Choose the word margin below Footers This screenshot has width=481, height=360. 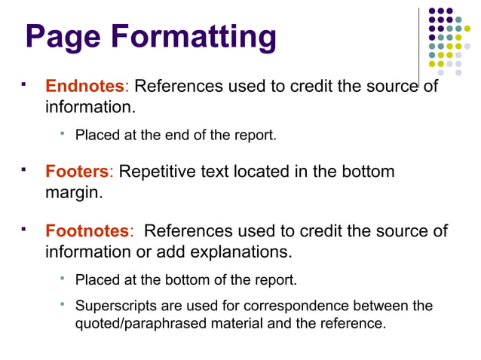pos(71,192)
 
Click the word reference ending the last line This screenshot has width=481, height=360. pos(353,324)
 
